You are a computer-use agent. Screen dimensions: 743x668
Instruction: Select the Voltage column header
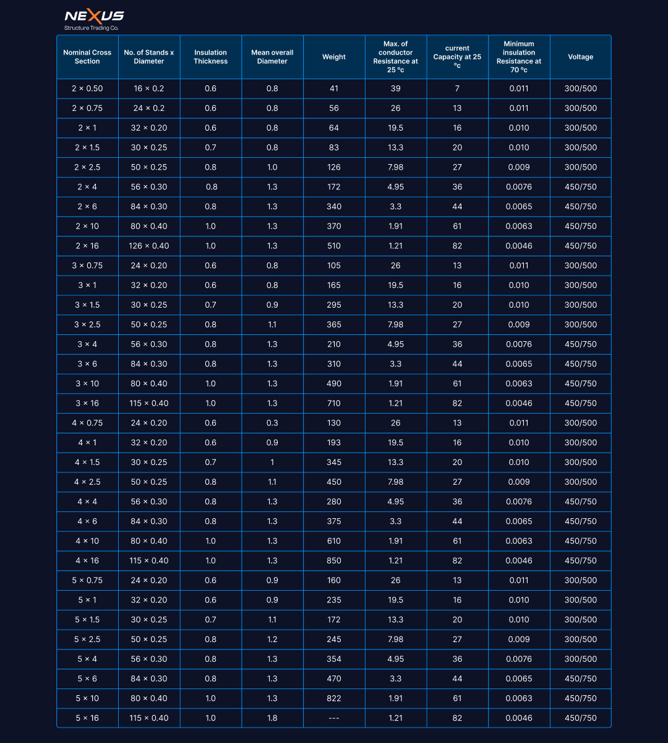point(580,57)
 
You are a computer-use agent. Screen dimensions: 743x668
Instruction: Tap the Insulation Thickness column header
point(210,57)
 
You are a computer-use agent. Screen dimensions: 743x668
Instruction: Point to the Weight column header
point(334,57)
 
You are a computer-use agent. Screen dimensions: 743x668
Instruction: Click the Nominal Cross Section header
point(87,57)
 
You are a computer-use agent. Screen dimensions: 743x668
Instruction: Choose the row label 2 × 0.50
point(87,89)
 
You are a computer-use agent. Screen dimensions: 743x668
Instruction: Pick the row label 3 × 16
point(87,403)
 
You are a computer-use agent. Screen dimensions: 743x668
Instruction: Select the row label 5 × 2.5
point(87,639)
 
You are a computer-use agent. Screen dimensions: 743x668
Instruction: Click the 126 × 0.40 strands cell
point(149,246)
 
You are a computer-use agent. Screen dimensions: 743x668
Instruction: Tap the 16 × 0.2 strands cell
point(149,89)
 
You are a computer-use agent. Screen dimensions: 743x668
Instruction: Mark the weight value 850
point(334,560)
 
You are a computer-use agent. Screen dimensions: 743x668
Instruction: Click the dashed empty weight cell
point(334,718)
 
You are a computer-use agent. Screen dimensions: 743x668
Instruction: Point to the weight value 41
point(334,89)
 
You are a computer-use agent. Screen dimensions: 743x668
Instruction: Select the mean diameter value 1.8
point(272,718)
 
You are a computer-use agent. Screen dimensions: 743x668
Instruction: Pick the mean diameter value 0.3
point(272,423)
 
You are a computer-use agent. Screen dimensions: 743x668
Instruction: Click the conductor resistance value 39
point(396,89)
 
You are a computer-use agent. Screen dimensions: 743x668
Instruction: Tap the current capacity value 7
point(457,89)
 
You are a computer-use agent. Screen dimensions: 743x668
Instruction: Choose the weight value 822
point(334,698)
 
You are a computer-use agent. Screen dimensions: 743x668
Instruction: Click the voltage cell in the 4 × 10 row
point(580,541)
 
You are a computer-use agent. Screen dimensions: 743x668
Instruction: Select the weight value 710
point(334,403)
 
